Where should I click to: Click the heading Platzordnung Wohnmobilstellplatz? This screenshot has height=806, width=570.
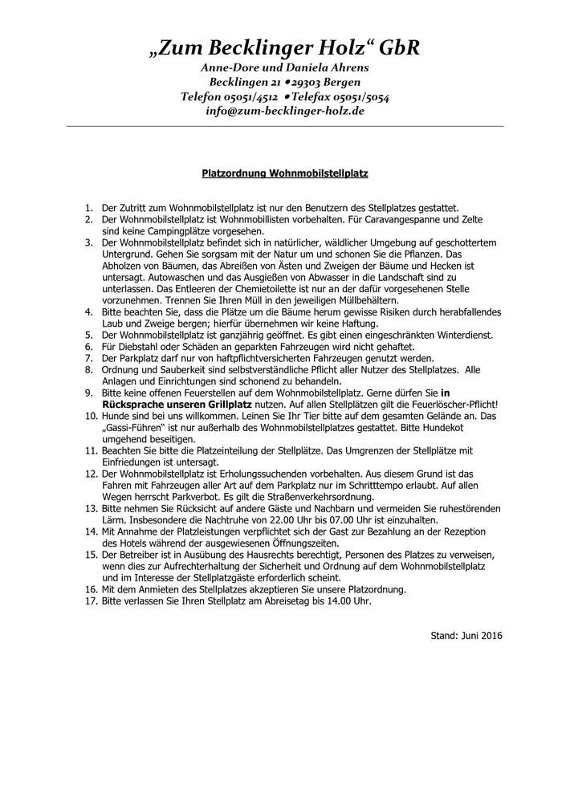[284, 172]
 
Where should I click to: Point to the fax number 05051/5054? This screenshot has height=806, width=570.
[357, 96]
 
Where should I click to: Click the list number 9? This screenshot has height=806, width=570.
[90, 393]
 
